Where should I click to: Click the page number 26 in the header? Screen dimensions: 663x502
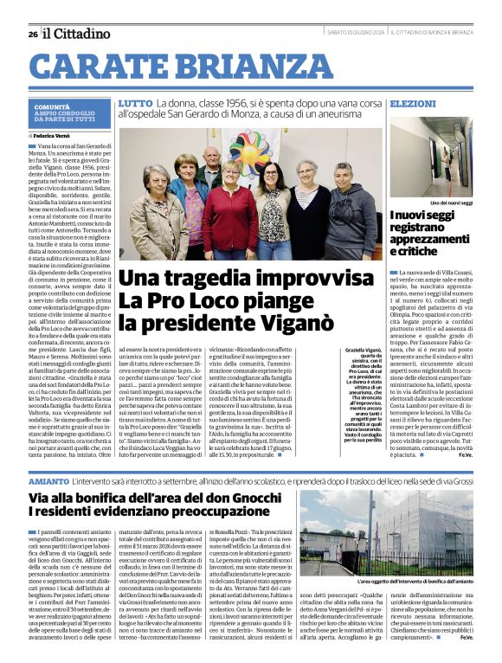[x=32, y=34]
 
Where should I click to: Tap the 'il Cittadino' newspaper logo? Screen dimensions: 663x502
[x=78, y=33]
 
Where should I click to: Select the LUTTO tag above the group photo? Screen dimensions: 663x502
[x=134, y=103]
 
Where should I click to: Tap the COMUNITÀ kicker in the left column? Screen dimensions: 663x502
[x=52, y=106]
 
